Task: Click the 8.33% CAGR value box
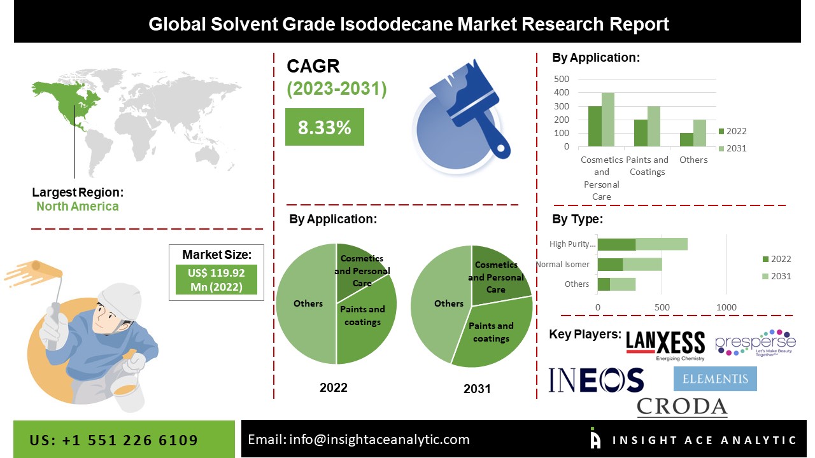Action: (324, 127)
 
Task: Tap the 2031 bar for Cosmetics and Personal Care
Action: (608, 120)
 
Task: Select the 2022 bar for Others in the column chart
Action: (686, 140)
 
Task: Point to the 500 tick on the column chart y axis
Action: (562, 79)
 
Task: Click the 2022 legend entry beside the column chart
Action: (733, 131)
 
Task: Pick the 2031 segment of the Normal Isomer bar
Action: (642, 264)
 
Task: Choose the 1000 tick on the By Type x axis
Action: (726, 307)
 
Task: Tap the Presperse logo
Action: (755, 343)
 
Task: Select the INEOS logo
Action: (596, 380)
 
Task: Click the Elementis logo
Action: (715, 378)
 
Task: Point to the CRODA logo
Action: (682, 406)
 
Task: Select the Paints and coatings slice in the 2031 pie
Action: (491, 333)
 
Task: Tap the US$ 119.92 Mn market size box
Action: (216, 279)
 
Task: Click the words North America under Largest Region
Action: (78, 207)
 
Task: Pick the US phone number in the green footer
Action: (113, 440)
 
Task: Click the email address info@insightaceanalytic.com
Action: (379, 440)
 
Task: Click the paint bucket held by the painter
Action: (127, 391)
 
